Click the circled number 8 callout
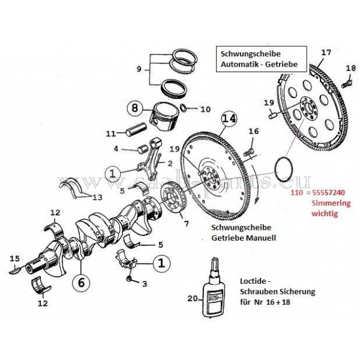coord(136,109)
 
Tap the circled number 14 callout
coord(229,119)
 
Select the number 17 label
coord(325,53)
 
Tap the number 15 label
coord(13,259)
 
